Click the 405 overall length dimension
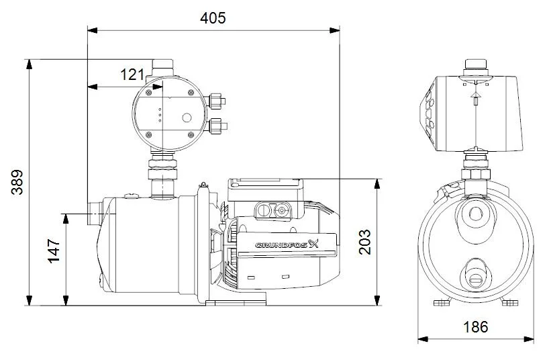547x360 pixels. (213, 18)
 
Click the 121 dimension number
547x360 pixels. (132, 75)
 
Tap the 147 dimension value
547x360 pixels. (55, 251)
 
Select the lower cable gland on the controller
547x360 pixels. (216, 126)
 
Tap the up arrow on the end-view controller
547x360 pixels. (475, 99)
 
